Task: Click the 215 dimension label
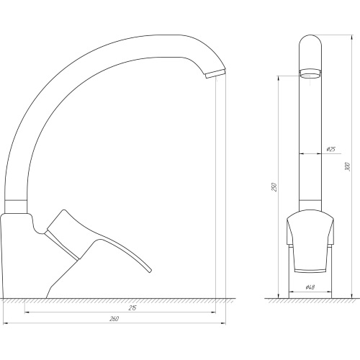[x=132, y=307]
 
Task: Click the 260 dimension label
[x=114, y=319]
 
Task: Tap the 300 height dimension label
[x=348, y=167]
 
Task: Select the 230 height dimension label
[x=274, y=187]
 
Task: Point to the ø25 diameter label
[x=331, y=149]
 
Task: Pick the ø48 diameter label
[x=310, y=287]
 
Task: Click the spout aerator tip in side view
[x=215, y=73]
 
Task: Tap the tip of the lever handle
[x=150, y=271]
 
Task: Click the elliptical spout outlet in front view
[x=310, y=74]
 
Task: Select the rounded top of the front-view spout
[x=310, y=40]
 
